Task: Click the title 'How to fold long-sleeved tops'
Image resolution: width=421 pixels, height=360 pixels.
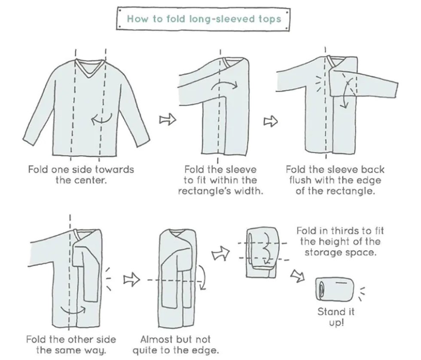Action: (x=204, y=19)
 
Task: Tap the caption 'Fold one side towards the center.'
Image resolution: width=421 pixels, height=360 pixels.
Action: (x=81, y=174)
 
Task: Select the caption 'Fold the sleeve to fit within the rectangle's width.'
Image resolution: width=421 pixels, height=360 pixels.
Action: (x=220, y=180)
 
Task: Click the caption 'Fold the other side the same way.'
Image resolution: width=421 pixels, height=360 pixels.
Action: (x=71, y=345)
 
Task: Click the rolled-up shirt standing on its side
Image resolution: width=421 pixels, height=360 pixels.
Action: (x=334, y=288)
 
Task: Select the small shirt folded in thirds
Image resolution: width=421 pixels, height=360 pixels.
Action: (x=262, y=253)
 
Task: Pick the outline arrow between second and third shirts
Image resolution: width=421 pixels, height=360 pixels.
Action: (x=270, y=121)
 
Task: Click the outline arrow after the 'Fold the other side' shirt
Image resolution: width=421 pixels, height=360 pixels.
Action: (x=132, y=280)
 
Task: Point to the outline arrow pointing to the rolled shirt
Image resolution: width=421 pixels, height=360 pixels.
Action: (x=297, y=275)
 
